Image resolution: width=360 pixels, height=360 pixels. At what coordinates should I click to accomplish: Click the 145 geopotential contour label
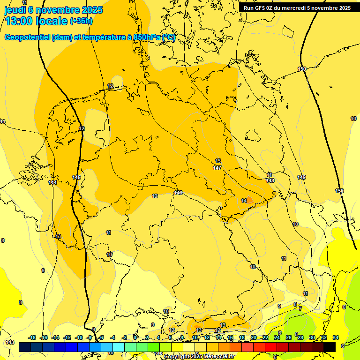tap(77, 177)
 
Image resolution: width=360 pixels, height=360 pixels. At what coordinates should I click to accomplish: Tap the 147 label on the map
tap(217, 168)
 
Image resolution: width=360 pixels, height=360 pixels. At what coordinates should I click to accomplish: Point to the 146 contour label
tap(179, 193)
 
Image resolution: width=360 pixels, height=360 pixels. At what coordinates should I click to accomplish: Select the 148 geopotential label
tap(270, 180)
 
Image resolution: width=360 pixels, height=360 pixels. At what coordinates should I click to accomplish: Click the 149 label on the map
tap(301, 177)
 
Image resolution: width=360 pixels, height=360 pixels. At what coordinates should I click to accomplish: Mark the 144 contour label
tap(52, 182)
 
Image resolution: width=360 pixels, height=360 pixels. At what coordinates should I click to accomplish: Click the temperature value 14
tap(244, 201)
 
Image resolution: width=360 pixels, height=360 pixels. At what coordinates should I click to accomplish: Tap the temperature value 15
tap(223, 325)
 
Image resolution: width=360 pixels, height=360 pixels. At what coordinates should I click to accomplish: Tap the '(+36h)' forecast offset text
tap(81, 22)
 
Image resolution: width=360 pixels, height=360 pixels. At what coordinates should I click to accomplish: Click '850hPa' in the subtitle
tap(147, 37)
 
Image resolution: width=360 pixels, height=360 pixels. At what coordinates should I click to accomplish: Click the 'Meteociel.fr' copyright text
tap(217, 357)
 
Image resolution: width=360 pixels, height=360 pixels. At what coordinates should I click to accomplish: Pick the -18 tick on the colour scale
tap(32, 337)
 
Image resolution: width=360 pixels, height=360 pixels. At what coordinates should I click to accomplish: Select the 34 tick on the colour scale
tap(336, 337)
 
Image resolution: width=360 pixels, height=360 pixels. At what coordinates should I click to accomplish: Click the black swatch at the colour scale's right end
tap(330, 347)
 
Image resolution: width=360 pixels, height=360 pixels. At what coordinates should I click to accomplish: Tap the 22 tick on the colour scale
tap(265, 337)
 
